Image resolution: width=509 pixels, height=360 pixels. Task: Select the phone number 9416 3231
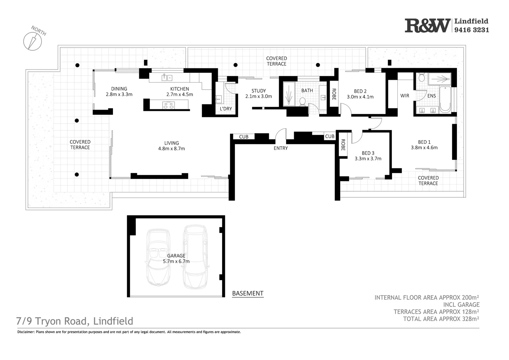click(x=472, y=30)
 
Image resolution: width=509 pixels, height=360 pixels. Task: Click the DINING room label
click(x=119, y=89)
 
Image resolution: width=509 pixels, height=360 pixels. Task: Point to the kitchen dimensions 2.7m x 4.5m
click(x=180, y=94)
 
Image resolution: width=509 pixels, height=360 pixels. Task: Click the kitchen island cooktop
click(x=168, y=105)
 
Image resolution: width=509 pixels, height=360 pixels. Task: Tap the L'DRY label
click(x=226, y=109)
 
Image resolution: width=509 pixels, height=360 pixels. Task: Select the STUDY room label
click(x=258, y=91)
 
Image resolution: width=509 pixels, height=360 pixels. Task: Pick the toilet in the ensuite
click(x=421, y=78)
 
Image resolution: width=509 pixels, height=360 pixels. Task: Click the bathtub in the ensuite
click(x=445, y=99)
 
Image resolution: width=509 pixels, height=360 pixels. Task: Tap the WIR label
click(x=405, y=96)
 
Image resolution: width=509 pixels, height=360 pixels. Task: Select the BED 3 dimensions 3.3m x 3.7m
click(x=368, y=159)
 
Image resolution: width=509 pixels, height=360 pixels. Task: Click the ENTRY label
click(x=280, y=148)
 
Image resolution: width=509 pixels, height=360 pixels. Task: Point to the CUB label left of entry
click(x=244, y=137)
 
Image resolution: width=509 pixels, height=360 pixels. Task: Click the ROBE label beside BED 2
click(x=334, y=94)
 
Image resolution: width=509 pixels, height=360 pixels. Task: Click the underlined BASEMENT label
click(x=248, y=293)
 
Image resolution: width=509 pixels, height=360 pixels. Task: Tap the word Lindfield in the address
click(x=113, y=321)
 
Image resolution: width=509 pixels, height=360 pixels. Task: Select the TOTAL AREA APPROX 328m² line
click(x=441, y=319)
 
